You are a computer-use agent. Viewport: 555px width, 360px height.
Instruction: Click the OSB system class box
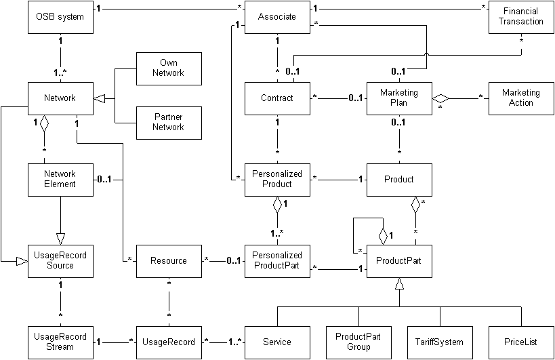(60, 17)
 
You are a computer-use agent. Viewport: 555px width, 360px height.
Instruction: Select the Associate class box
(277, 17)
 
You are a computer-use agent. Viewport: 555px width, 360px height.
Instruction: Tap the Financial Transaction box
(520, 17)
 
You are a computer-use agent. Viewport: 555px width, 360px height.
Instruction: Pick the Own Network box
(168, 68)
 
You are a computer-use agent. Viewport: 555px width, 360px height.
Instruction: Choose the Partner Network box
(168, 122)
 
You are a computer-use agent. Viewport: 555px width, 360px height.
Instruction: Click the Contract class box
(277, 98)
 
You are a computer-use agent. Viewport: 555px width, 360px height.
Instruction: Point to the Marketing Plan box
(399, 98)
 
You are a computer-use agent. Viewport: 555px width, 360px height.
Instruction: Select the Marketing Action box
(520, 98)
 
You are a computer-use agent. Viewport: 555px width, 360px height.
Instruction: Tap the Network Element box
(60, 179)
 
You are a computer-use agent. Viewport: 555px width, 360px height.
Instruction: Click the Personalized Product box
(277, 179)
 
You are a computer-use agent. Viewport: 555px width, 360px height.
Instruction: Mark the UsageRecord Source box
(60, 260)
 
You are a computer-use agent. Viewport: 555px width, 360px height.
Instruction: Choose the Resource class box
(168, 260)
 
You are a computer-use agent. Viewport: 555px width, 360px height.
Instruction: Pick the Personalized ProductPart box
(277, 260)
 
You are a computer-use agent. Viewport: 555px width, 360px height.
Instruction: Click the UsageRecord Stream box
(60, 342)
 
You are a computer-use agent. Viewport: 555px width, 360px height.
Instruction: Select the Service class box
(277, 342)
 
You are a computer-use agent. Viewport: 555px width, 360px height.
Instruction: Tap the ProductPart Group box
(358, 342)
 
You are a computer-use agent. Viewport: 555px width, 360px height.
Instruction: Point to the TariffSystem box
(439, 342)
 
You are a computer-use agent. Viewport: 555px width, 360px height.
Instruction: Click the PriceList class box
(520, 342)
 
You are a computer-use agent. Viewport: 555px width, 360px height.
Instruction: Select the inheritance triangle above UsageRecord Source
(60, 239)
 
